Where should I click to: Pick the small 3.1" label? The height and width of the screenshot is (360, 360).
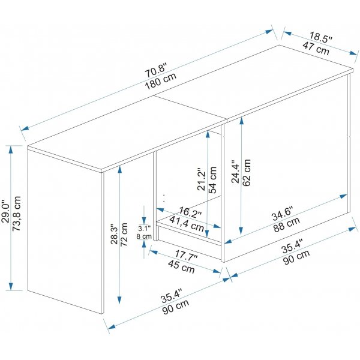pos(144,229)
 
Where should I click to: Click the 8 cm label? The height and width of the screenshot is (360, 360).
pos(144,236)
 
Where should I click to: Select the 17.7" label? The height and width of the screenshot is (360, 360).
pos(187,257)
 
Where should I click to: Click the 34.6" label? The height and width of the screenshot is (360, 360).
pos(281,212)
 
